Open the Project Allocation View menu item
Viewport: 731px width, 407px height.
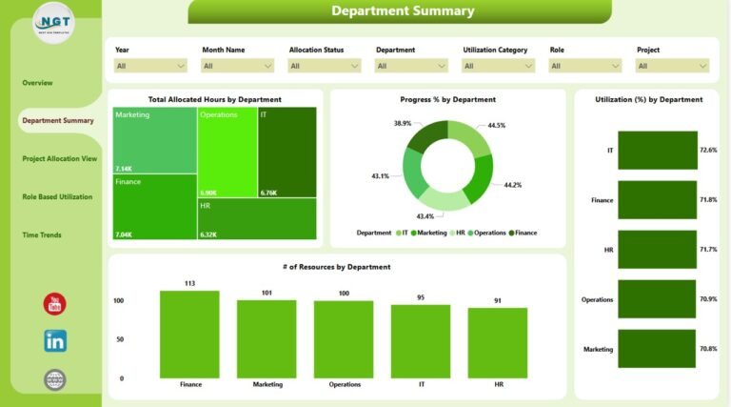59,158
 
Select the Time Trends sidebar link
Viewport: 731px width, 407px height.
42,234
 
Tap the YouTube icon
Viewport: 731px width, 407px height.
55,304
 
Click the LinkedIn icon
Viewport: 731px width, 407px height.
55,340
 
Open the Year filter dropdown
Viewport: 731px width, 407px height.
150,66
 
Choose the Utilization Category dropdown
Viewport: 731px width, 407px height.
498,66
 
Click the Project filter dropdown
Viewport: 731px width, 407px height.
672,66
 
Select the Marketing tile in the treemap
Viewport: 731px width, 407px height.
154,139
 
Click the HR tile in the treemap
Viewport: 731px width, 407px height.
257,218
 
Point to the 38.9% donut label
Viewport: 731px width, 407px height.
403,124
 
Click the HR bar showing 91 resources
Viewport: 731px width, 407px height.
497,342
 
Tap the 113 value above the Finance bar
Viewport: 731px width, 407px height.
189,283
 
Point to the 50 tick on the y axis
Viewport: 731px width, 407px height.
120,339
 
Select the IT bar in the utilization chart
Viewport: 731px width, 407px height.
657,151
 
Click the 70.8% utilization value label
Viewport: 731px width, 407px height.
708,349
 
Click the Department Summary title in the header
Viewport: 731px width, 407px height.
402,11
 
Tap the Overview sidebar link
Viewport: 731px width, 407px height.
37,83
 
